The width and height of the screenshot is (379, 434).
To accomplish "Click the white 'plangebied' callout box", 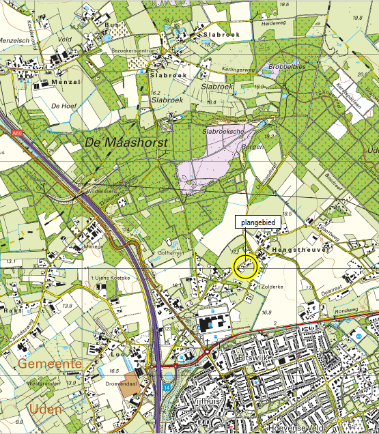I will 255,222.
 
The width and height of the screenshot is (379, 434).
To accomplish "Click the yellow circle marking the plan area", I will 245,266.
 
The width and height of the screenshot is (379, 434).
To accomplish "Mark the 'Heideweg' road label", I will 272,22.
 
